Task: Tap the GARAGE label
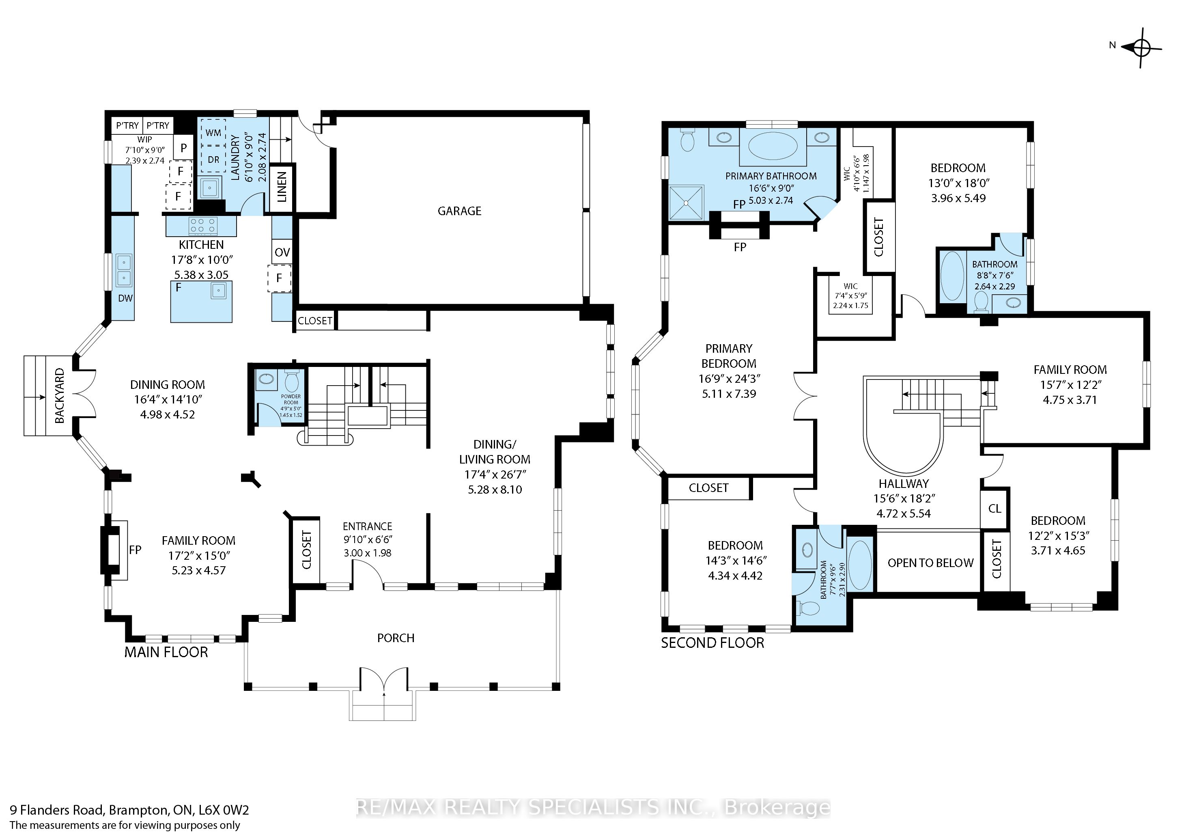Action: [x=459, y=211]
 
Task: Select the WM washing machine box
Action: [x=213, y=133]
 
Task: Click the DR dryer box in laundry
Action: [x=213, y=160]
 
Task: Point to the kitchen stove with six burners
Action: [x=203, y=226]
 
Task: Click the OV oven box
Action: [x=282, y=252]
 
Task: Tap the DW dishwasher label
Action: [x=125, y=298]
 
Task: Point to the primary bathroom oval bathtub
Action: [x=773, y=146]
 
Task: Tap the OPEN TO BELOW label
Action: [x=930, y=563]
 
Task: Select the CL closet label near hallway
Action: [x=994, y=508]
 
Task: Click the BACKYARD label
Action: [x=60, y=395]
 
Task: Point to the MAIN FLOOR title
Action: [x=166, y=652]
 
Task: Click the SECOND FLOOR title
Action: [x=712, y=643]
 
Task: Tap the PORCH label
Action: [x=396, y=638]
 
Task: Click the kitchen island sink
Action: [x=219, y=291]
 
